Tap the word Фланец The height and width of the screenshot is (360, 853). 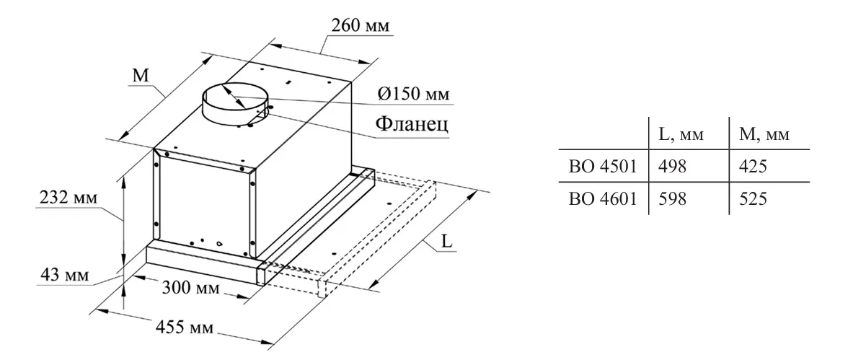(x=412, y=124)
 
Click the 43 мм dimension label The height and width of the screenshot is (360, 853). (x=61, y=275)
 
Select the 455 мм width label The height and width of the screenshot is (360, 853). (x=185, y=328)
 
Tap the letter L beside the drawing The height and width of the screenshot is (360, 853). (x=446, y=242)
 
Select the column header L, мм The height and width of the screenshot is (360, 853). (x=681, y=135)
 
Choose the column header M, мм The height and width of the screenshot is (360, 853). (x=764, y=135)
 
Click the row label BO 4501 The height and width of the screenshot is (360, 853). (x=602, y=167)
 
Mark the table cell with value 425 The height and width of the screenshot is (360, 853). (x=754, y=167)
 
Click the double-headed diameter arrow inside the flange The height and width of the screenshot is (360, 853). (x=242, y=100)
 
